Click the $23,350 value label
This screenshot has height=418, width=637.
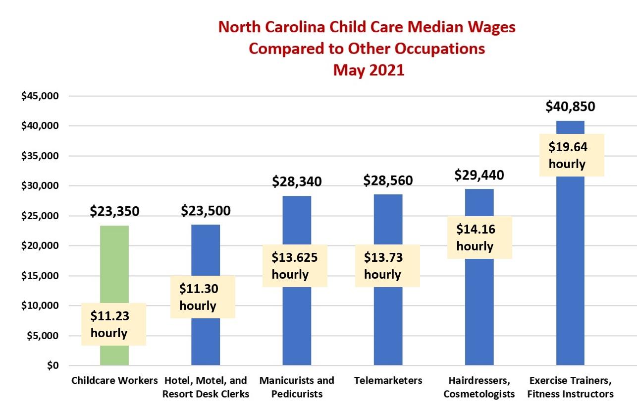114,211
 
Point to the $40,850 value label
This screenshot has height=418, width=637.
570,106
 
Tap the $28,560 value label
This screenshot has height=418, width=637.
388,180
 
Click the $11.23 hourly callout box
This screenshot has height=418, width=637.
113,324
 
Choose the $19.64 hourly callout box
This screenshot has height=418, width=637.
571,155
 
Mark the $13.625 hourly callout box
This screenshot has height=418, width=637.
295,266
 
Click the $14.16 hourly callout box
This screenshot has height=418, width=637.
479,238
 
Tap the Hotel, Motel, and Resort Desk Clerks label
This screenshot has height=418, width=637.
205,387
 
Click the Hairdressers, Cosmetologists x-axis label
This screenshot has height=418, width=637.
479,387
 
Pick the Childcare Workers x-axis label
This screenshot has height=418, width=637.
114,381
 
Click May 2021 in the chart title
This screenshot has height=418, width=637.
368,70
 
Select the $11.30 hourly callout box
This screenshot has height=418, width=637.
203,297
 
